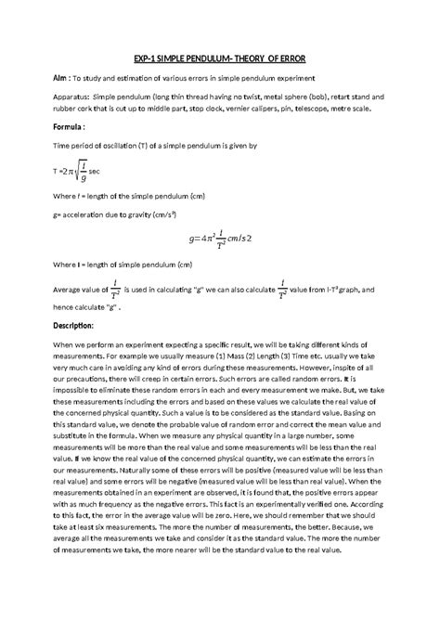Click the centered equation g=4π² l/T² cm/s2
pos(220,239)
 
